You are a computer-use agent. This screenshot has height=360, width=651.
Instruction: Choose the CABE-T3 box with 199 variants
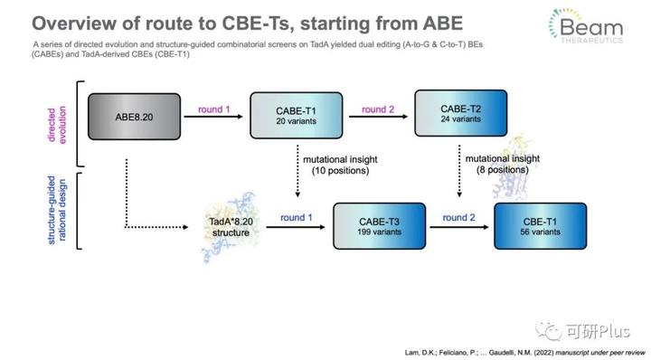(x=377, y=225)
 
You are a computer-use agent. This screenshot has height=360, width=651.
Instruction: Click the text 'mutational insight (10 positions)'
(x=325, y=165)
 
